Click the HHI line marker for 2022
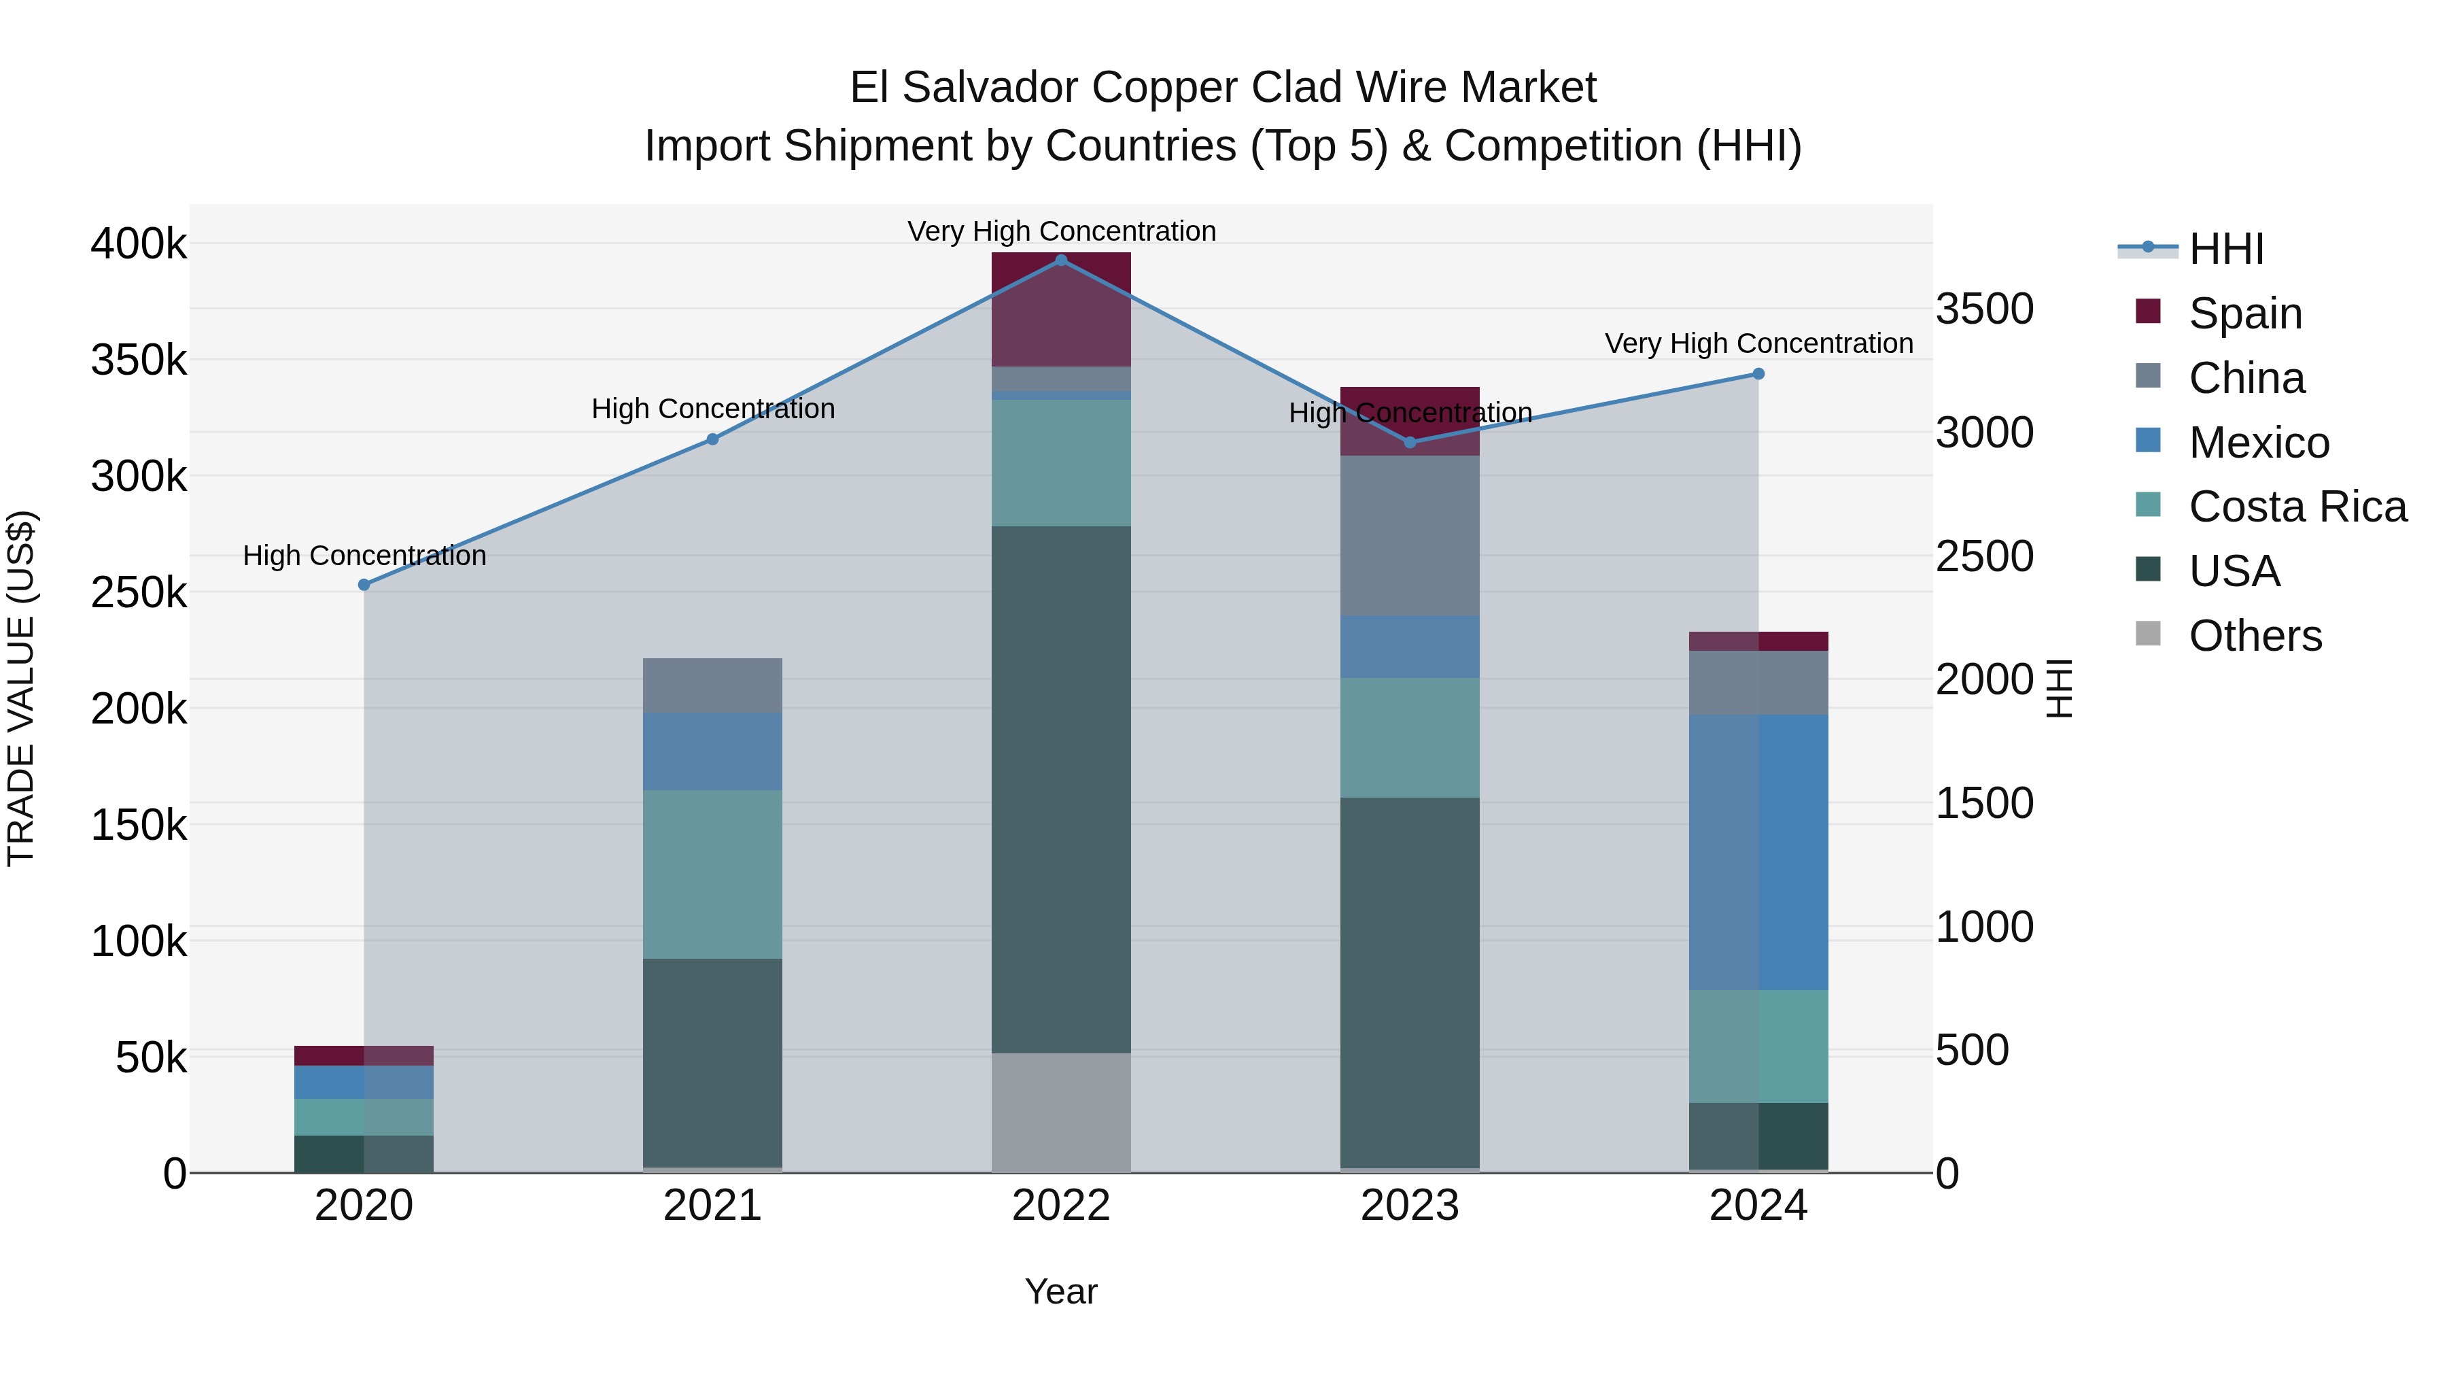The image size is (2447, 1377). pyautogui.click(x=1061, y=260)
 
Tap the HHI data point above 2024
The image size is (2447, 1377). pyautogui.click(x=1758, y=375)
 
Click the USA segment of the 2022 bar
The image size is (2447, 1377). pyautogui.click(x=1061, y=789)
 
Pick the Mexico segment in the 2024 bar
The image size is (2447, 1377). pyautogui.click(x=1758, y=853)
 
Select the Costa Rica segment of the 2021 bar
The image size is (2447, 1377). pyautogui.click(x=712, y=874)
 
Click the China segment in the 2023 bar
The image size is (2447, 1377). pyautogui.click(x=1410, y=535)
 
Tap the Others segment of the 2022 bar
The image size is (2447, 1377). pyautogui.click(x=1061, y=1112)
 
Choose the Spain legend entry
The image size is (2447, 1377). pyautogui.click(x=2244, y=313)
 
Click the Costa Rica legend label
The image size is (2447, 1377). pyautogui.click(x=2297, y=507)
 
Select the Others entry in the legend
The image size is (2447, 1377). pyautogui.click(x=2254, y=636)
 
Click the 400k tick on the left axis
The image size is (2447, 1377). pyautogui.click(x=139, y=244)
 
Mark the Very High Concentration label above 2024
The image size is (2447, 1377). pyautogui.click(x=1758, y=344)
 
